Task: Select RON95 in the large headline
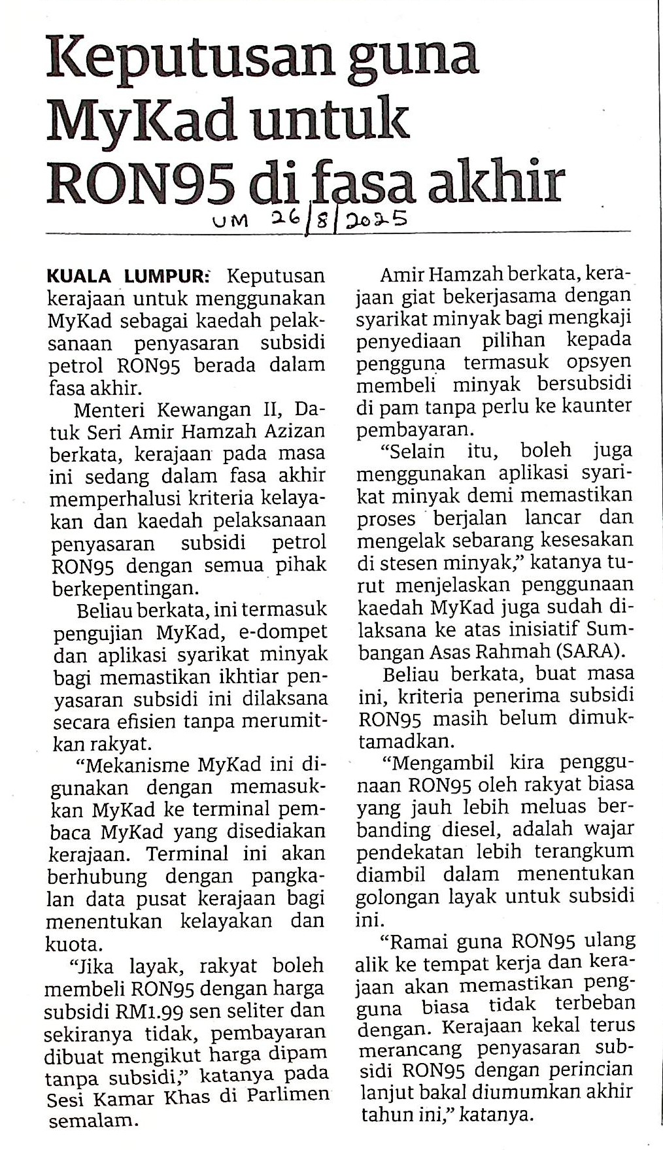[140, 182]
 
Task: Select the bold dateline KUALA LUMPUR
[127, 276]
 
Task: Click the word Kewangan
[216, 411]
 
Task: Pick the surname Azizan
[292, 432]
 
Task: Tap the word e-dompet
[279, 632]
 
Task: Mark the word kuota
[73, 944]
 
